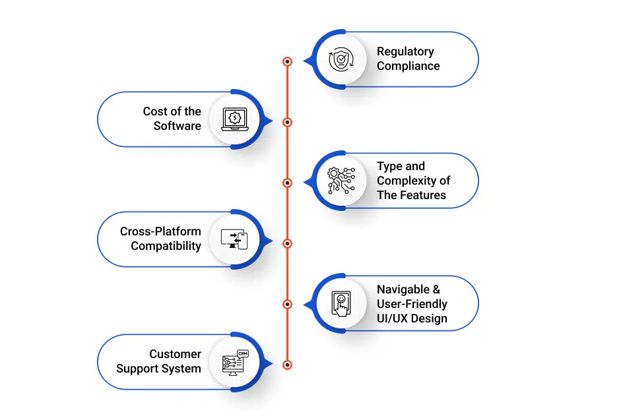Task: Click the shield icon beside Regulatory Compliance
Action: point(341,59)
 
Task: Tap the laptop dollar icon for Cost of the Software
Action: point(234,119)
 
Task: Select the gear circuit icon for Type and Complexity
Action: point(341,181)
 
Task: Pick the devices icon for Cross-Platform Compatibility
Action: point(234,239)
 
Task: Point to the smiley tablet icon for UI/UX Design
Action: point(341,304)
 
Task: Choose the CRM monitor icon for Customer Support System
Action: point(234,362)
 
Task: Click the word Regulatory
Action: point(405,51)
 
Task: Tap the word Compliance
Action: point(408,66)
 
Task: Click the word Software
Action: point(177,126)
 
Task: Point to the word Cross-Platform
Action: point(160,231)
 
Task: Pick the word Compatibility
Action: point(166,246)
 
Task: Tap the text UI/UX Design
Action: point(412,318)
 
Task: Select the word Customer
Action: point(175,354)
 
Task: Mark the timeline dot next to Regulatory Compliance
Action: point(287,61)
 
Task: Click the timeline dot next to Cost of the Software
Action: point(287,122)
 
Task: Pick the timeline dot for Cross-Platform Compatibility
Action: point(287,243)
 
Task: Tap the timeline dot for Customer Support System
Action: point(287,365)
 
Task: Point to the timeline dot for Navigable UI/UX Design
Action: point(287,304)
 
